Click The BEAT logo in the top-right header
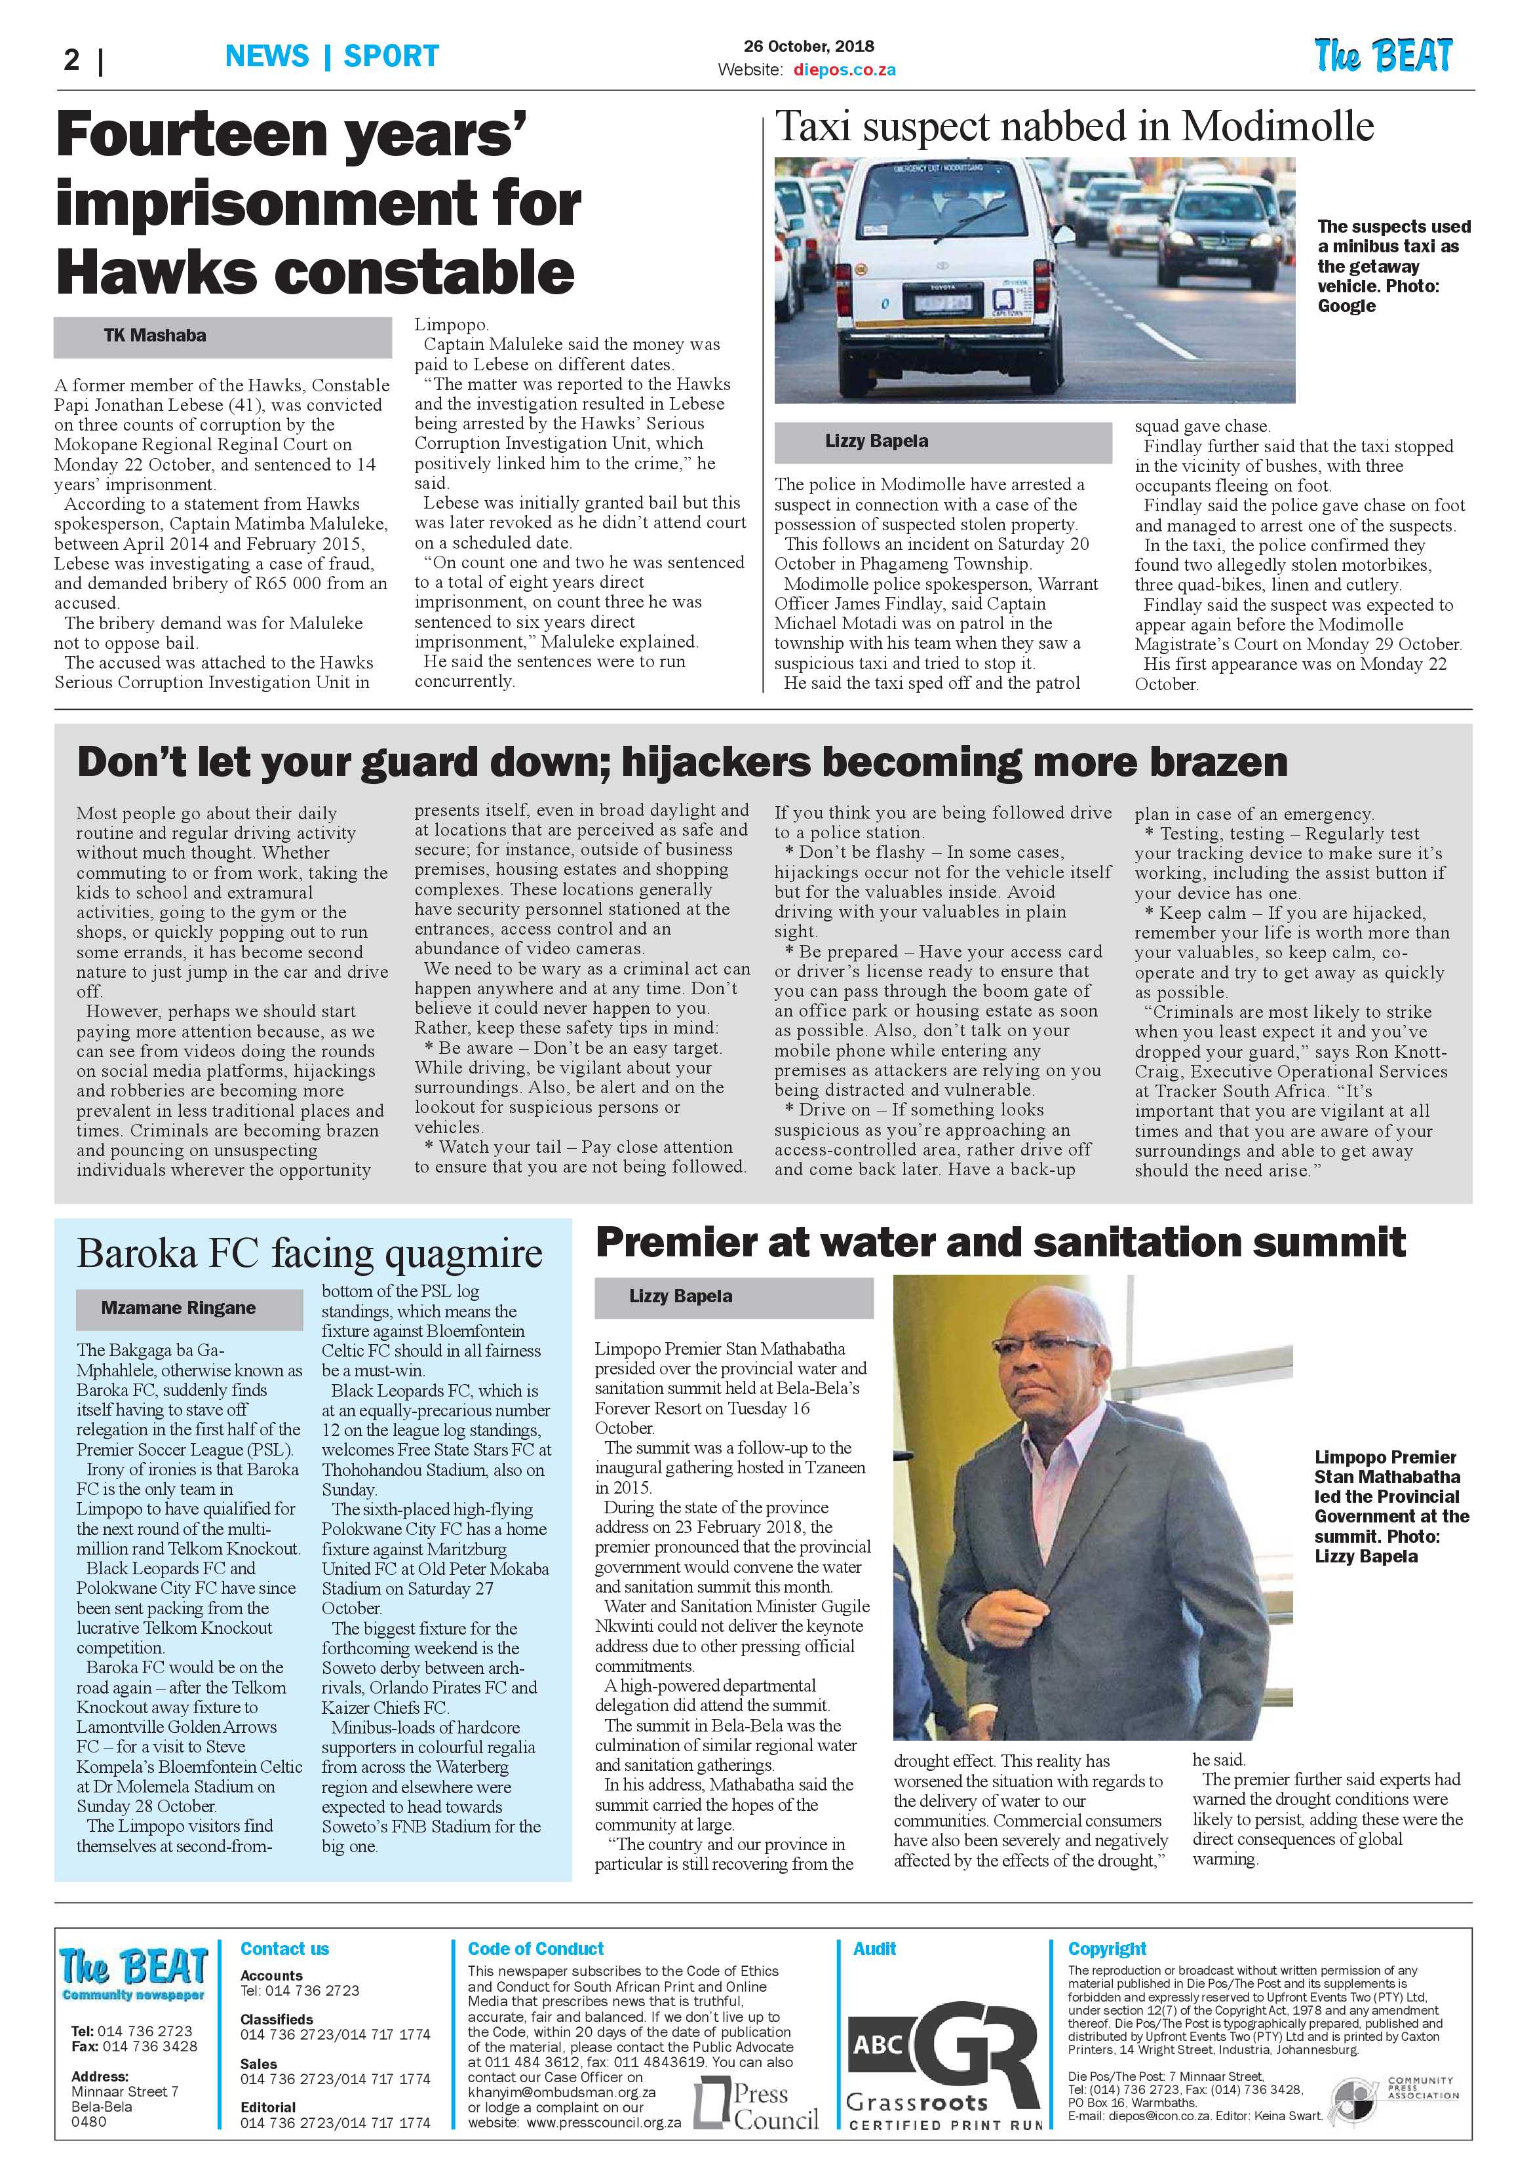(1383, 56)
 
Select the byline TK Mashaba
(155, 335)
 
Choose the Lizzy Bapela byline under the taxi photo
(876, 441)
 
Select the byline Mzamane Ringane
(178, 1307)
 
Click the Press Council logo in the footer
(756, 2106)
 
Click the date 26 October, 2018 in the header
(809, 47)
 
